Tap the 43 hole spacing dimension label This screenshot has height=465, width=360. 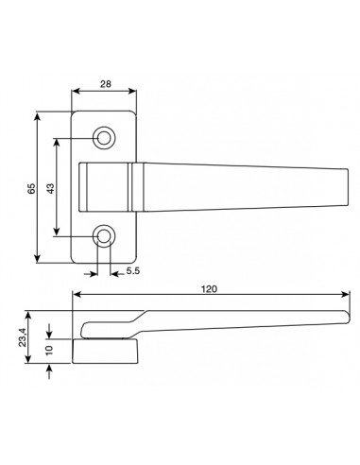pos(50,187)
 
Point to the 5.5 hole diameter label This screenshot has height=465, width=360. pos(132,273)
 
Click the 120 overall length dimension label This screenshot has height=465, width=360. pos(207,290)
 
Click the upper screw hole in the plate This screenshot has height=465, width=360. pos(104,139)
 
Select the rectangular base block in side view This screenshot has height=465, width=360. pos(106,352)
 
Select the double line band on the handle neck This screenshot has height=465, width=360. pos(128,187)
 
